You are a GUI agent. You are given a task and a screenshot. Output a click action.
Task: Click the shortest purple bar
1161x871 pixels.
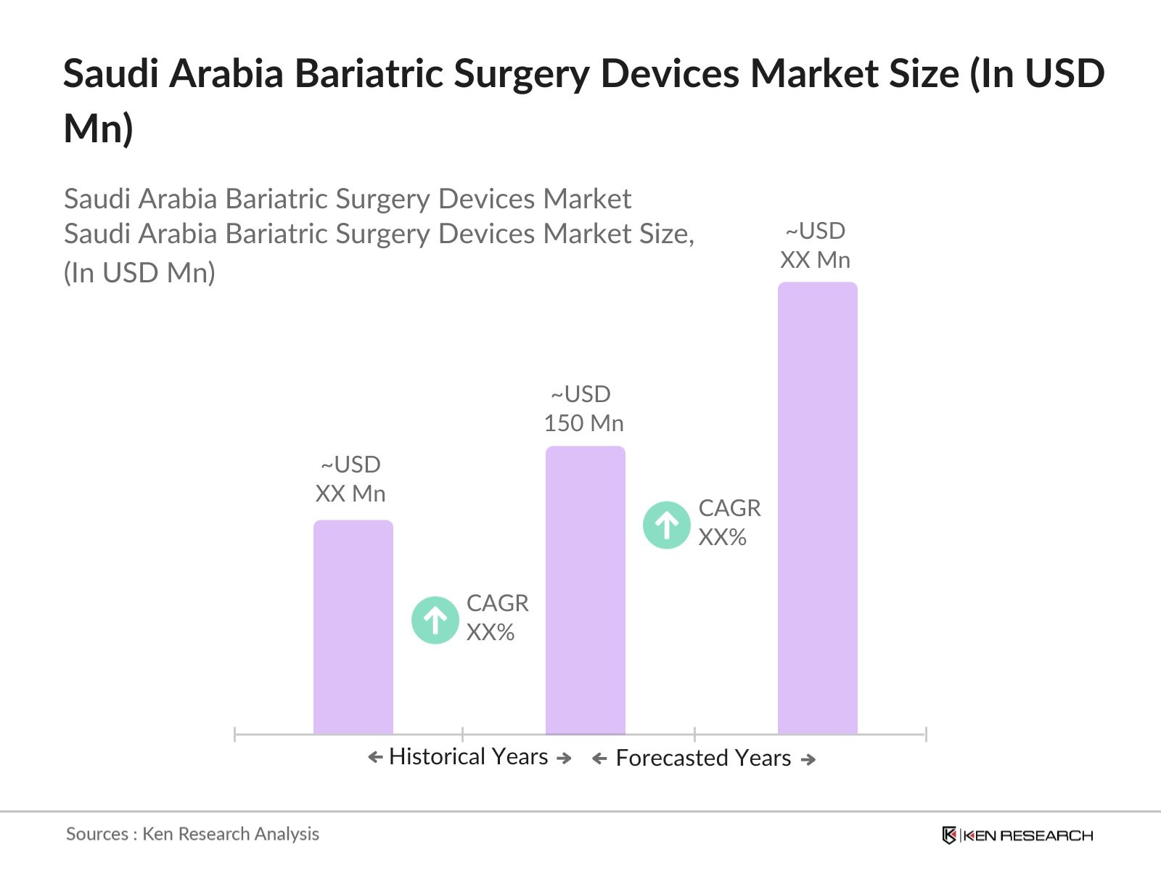click(x=353, y=627)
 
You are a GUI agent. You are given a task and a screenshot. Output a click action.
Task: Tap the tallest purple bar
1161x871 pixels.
click(x=817, y=508)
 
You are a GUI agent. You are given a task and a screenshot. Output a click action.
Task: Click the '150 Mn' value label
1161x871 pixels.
click(x=583, y=423)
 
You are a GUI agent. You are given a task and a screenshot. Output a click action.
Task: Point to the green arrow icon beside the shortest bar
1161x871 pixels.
click(x=435, y=620)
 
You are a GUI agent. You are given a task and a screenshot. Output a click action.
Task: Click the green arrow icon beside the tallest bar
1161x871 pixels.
click(x=666, y=525)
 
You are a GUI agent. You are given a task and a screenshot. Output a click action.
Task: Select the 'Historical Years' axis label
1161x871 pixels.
click(x=468, y=756)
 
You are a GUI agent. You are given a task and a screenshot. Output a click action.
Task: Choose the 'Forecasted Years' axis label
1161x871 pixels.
click(x=703, y=758)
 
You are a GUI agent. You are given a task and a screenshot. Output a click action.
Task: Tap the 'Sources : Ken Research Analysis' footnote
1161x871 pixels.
click(x=192, y=834)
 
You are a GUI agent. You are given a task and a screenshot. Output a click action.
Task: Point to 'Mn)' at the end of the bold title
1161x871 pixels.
click(x=99, y=128)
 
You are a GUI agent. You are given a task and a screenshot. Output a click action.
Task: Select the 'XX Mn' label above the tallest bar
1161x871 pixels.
click(x=815, y=260)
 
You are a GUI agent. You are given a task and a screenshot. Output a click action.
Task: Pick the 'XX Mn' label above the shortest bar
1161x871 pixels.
click(x=350, y=494)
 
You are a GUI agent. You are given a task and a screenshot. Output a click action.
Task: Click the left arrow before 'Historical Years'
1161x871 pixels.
click(x=374, y=758)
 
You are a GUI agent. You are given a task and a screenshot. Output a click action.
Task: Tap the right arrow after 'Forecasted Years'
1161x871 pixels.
click(x=808, y=759)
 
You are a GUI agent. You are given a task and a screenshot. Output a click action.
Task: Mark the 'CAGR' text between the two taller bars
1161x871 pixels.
click(x=729, y=508)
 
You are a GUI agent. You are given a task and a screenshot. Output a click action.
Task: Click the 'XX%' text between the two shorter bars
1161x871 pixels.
click(x=491, y=632)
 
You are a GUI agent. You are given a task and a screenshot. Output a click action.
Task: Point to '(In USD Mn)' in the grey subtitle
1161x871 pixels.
click(x=139, y=273)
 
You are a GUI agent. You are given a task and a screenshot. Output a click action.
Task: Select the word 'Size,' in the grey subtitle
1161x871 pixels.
click(x=666, y=234)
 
